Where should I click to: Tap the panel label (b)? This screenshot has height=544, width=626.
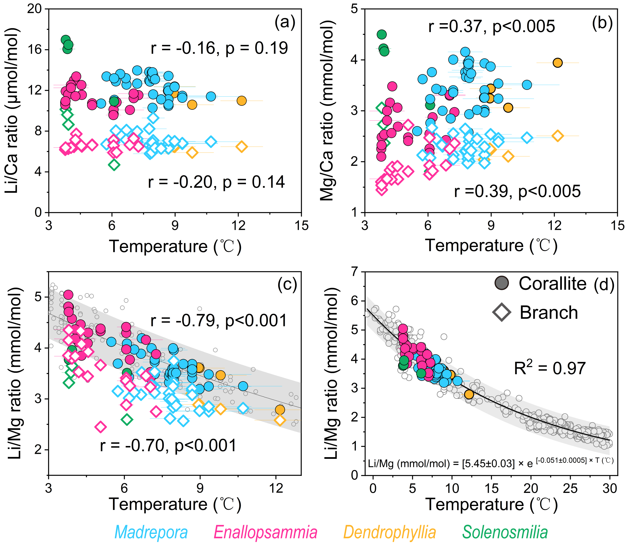click(602, 23)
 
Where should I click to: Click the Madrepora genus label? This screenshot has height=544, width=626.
click(151, 532)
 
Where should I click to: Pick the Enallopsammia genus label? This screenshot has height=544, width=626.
click(265, 532)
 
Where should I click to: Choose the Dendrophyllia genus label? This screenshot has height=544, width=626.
click(390, 532)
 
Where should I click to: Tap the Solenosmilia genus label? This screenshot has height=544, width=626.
click(505, 532)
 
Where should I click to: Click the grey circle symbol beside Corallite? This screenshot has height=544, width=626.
click(502, 283)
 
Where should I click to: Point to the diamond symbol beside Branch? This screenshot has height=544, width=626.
click(502, 312)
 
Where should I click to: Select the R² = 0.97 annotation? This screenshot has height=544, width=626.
click(549, 368)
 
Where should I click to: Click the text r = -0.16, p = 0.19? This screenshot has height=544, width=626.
click(219, 48)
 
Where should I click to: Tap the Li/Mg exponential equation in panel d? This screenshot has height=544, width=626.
click(490, 463)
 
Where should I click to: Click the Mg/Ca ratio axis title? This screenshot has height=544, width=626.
click(327, 111)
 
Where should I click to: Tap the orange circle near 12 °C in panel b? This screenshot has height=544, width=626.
click(557, 63)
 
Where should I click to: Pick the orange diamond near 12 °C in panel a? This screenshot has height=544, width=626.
click(241, 147)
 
